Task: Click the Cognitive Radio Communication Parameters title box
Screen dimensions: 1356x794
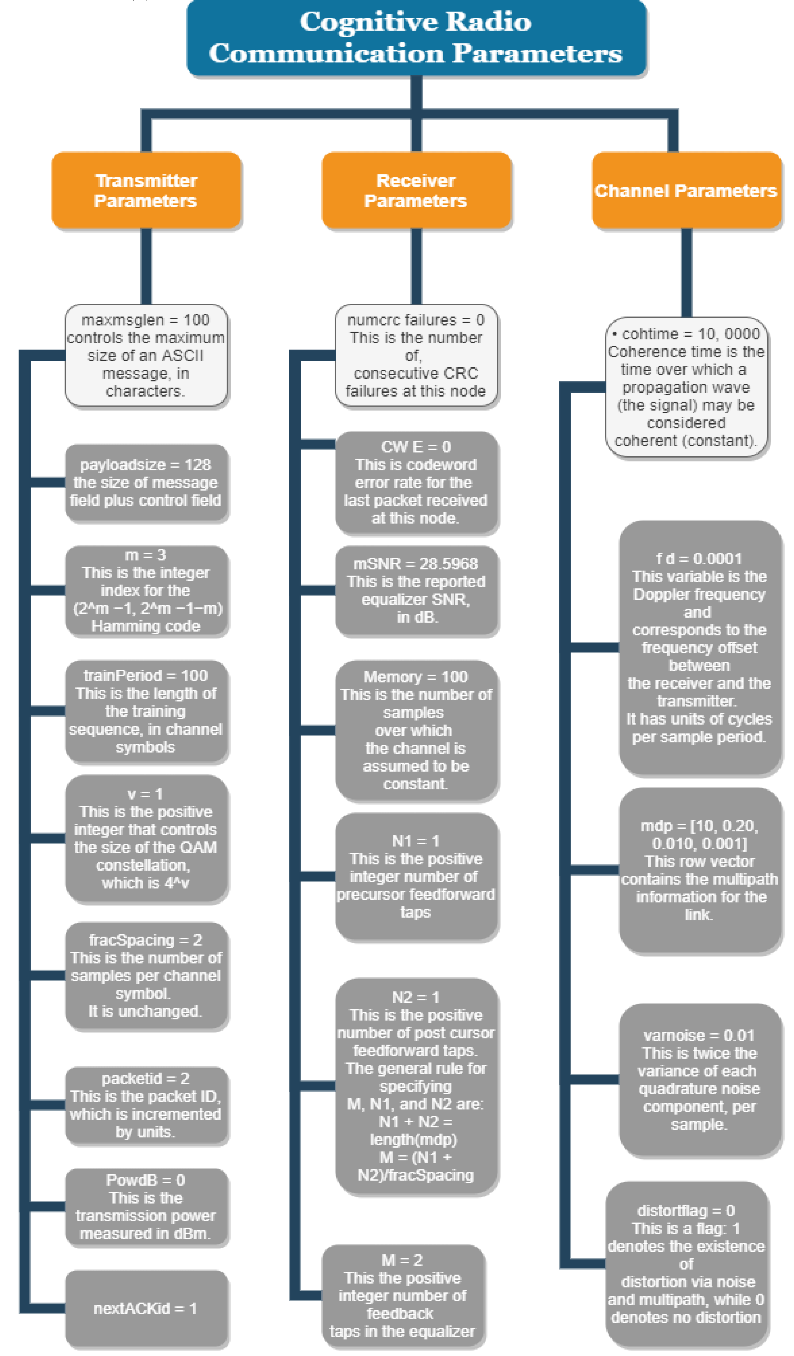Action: (x=416, y=38)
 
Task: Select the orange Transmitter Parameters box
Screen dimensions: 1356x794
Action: (x=146, y=191)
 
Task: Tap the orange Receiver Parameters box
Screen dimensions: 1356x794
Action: (x=416, y=191)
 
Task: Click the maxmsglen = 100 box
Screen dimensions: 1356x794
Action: (x=146, y=355)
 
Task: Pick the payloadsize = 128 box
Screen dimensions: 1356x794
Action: (x=146, y=483)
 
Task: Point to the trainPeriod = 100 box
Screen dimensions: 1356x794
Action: (x=146, y=711)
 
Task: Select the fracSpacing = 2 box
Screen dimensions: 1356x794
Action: (x=146, y=976)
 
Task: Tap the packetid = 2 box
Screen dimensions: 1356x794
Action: (x=146, y=1105)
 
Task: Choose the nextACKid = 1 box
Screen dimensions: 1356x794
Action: (x=146, y=1309)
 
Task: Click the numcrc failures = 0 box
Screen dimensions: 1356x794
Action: (x=416, y=355)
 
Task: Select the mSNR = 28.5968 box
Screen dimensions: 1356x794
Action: (x=416, y=590)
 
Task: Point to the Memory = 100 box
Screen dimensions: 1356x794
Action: (x=416, y=730)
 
